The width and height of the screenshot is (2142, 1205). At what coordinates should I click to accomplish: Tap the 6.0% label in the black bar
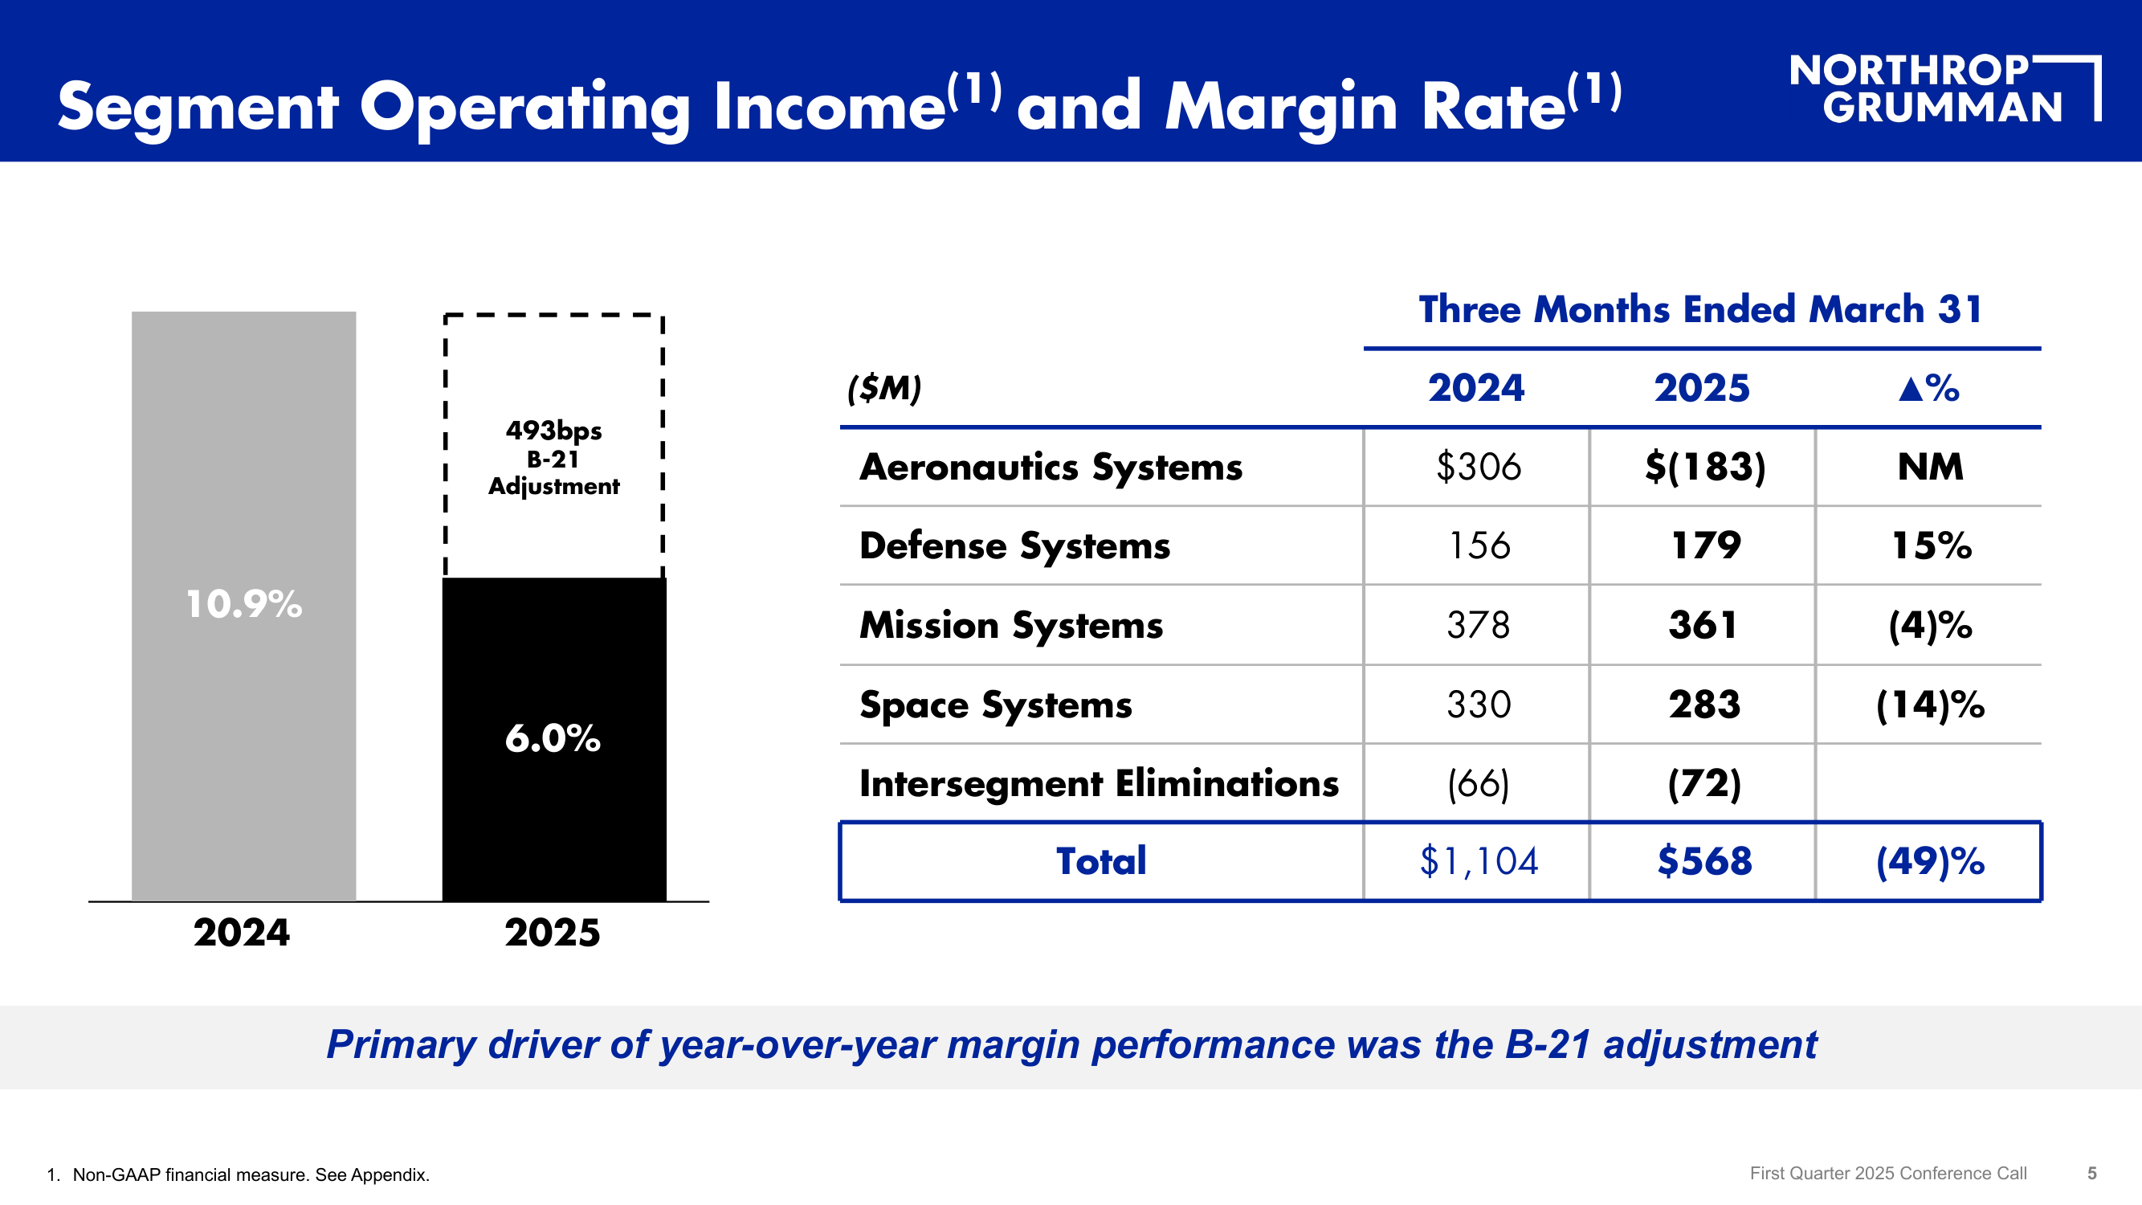[x=553, y=738]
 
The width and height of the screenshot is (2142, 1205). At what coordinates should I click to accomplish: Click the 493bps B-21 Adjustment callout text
[x=554, y=457]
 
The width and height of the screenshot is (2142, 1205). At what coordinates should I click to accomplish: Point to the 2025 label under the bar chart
[x=553, y=932]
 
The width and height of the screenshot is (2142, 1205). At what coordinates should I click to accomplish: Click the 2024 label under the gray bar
[x=242, y=932]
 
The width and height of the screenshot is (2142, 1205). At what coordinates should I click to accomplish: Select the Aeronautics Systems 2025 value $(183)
[x=1703, y=467]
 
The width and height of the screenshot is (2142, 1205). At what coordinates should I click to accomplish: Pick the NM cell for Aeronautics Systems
[x=1930, y=467]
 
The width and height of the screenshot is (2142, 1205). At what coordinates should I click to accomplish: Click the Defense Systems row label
[x=1014, y=545]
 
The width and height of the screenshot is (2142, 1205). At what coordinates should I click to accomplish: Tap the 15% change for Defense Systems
[x=1931, y=545]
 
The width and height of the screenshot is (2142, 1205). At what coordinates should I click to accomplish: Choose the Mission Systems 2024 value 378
[x=1478, y=624]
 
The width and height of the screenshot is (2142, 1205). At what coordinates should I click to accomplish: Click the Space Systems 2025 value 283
[x=1703, y=705]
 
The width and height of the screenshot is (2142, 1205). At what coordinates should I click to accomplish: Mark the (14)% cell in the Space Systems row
[x=1930, y=705]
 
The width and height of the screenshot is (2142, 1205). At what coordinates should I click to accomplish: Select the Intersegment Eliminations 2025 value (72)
[x=1703, y=783]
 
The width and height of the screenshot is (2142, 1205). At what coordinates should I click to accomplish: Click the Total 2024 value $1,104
[x=1478, y=860]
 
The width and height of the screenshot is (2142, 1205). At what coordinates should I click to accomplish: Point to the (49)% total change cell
[x=1930, y=860]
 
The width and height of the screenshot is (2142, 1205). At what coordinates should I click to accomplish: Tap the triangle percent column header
[x=1929, y=387]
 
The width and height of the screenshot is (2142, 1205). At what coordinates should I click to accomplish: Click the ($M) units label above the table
[x=884, y=387]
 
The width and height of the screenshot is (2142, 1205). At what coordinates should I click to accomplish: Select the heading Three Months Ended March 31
[x=1700, y=309]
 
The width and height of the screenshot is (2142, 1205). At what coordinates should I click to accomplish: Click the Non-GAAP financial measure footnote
[x=251, y=1174]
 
